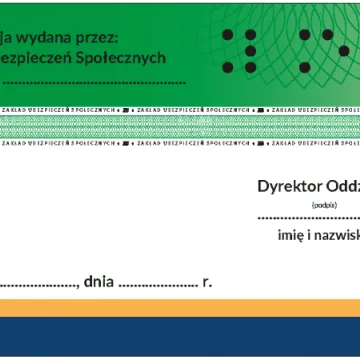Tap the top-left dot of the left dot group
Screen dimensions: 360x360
point(224,35)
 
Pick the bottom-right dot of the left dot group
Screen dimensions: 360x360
point(252,68)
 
